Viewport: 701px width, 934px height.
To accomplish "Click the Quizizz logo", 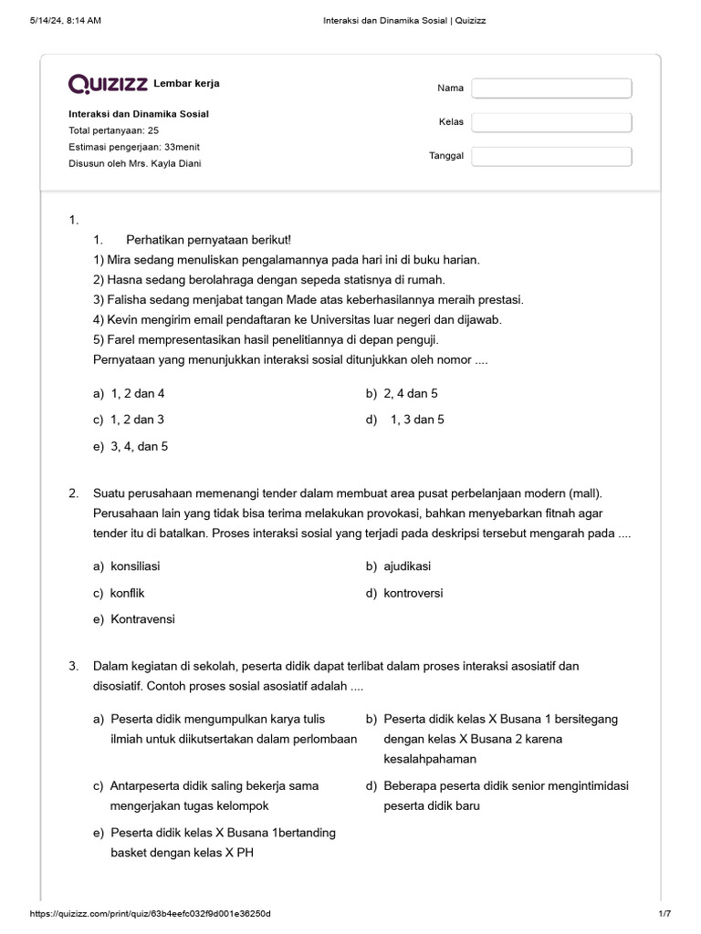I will pos(109,85).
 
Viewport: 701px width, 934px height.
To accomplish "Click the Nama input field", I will pos(551,88).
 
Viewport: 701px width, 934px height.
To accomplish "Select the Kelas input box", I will pos(551,122).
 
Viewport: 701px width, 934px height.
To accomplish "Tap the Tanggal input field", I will pos(551,156).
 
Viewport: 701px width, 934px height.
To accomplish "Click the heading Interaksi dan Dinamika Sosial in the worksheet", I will pos(139,114).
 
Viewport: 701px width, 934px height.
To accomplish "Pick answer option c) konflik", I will pos(119,593).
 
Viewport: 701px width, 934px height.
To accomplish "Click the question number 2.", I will pos(73,493).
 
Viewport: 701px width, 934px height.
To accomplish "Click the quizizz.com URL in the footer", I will pos(151,914).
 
